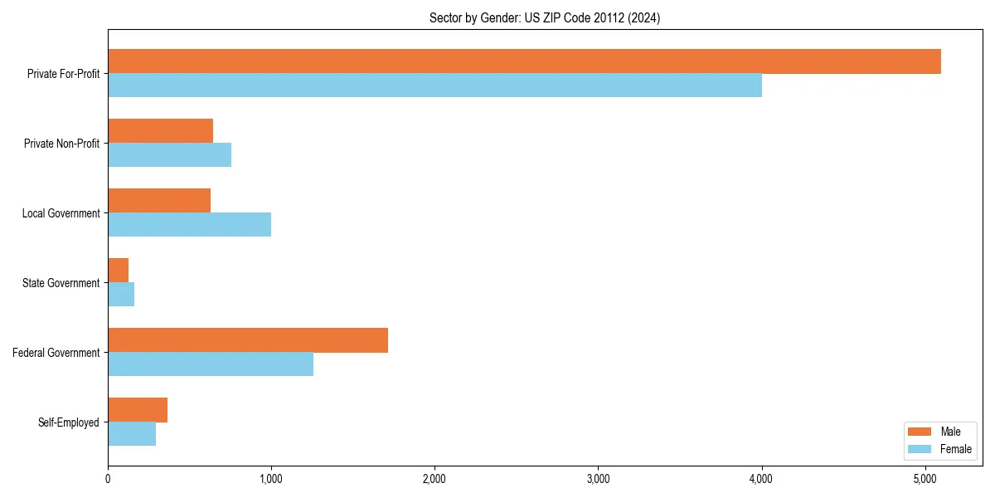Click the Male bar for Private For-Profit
coord(524,61)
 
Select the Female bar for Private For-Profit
coord(434,85)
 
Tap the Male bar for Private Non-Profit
coord(160,131)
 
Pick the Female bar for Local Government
coord(189,225)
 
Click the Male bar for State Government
coord(118,271)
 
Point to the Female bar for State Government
coord(121,295)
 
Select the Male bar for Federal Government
coord(248,340)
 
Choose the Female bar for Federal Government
coord(211,364)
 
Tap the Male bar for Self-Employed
coord(138,410)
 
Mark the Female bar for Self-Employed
coord(132,434)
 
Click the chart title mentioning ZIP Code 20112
coord(545,17)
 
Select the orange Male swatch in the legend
coord(920,432)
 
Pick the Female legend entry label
coord(955,449)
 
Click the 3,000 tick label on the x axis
coord(598,479)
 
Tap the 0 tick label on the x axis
coord(108,479)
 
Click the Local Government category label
coord(61,213)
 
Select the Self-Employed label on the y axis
coord(69,422)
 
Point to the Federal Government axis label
coord(56,353)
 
